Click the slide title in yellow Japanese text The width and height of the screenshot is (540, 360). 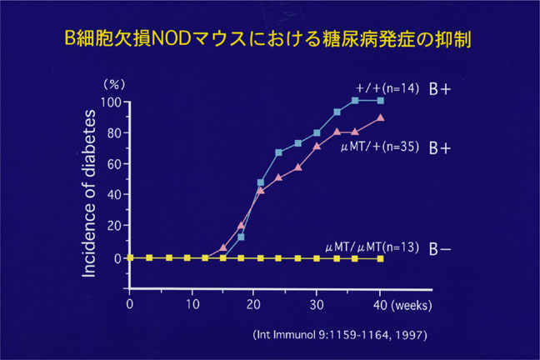(x=269, y=38)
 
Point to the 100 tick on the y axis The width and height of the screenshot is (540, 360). (x=112, y=102)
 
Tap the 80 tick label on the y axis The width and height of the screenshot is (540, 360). (x=114, y=132)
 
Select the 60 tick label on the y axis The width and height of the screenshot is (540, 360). (x=114, y=164)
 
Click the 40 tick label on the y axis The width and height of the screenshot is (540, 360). (x=114, y=195)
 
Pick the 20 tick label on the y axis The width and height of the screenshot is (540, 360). (x=114, y=227)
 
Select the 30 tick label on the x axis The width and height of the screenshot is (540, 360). (x=317, y=305)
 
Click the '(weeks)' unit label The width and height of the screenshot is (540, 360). (x=411, y=305)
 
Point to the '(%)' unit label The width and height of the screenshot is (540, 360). (x=112, y=84)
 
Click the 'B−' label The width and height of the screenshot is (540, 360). (x=440, y=248)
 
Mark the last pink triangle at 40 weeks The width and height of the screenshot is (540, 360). (x=380, y=118)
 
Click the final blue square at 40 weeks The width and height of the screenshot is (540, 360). (x=380, y=100)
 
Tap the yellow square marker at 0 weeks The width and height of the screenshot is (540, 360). (x=130, y=257)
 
